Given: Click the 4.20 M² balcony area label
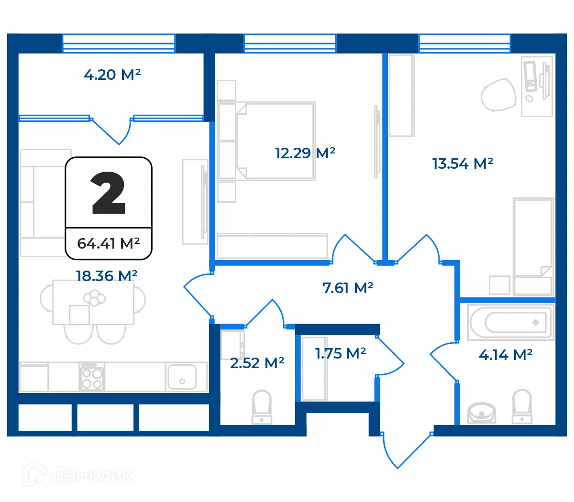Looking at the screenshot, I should (x=112, y=75).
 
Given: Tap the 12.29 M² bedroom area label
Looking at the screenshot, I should (x=305, y=153).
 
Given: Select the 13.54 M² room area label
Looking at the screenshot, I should (x=463, y=164).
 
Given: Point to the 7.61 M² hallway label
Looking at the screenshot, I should (x=348, y=288).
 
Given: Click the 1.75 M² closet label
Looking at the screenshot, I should (x=341, y=353).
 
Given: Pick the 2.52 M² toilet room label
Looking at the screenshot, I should (x=257, y=363).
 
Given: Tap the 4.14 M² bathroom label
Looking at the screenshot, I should (x=506, y=355).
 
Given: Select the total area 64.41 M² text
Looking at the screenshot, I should (x=109, y=243).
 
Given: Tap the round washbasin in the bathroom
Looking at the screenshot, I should (x=482, y=413).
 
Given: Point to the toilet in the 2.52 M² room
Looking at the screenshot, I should (x=262, y=407).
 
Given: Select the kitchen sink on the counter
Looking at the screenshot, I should (x=181, y=377).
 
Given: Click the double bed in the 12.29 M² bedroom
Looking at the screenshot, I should (x=275, y=141).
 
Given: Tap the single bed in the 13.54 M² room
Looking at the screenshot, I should (x=533, y=246).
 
